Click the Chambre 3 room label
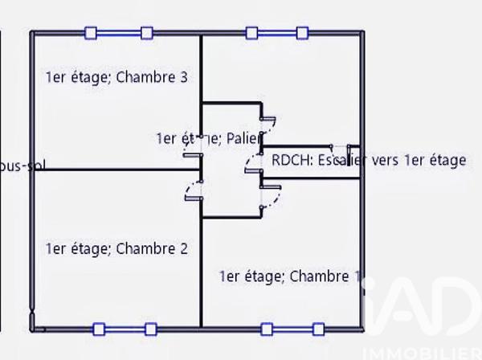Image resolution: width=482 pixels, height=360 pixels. pyautogui.click(x=117, y=78)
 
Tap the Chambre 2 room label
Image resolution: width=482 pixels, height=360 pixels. pyautogui.click(x=117, y=249)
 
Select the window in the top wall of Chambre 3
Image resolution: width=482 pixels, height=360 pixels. pyautogui.click(x=119, y=33)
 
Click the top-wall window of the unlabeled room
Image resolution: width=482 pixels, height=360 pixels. pyautogui.click(x=277, y=33)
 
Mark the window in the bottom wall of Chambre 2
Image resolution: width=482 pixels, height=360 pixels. pyautogui.click(x=124, y=329)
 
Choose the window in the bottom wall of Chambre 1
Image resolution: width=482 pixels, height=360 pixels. pyautogui.click(x=293, y=329)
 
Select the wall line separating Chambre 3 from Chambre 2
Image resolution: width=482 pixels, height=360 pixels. pyautogui.click(x=112, y=170)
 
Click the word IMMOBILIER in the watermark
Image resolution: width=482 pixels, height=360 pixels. pyautogui.click(x=425, y=353)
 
